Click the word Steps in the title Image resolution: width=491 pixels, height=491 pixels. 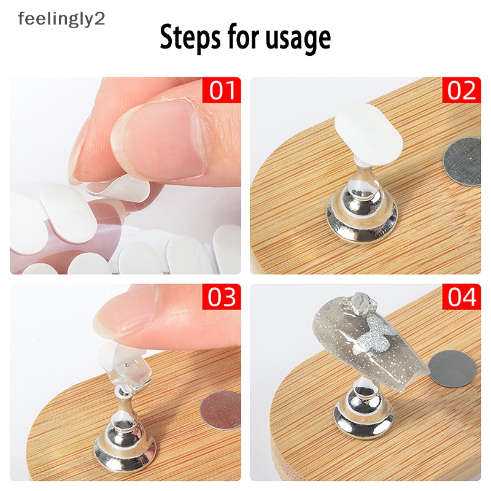[x=188, y=38]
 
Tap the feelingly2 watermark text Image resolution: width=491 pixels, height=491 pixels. [x=61, y=18]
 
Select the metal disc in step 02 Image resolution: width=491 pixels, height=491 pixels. [x=462, y=160]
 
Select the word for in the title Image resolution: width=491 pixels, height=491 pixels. [x=247, y=38]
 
